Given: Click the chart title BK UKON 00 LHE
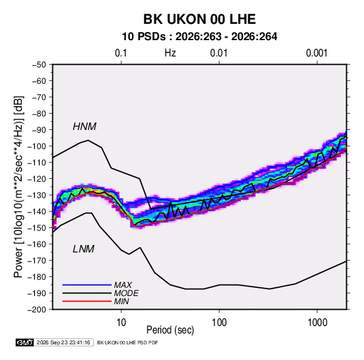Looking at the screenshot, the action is [x=199, y=19].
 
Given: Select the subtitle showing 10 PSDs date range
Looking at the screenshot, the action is [x=199, y=37].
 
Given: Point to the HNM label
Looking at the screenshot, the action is [x=84, y=127].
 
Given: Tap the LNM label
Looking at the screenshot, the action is [x=84, y=249].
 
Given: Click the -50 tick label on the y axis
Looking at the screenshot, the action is [x=39, y=65].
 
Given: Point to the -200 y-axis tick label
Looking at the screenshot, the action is [x=37, y=310].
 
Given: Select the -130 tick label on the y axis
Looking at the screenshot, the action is [x=37, y=195].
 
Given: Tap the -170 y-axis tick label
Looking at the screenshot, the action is [x=37, y=261].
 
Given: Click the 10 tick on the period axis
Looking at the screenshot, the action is [x=121, y=323].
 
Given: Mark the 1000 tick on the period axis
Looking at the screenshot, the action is [x=317, y=323].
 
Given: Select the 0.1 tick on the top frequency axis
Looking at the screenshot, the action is [x=121, y=53].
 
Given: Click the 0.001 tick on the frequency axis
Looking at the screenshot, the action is [x=316, y=53].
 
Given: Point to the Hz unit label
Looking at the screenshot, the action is [x=170, y=53].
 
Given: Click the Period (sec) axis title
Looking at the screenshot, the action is [x=170, y=330].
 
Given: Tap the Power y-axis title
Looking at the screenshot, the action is [x=18, y=187].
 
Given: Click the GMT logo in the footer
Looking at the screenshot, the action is [x=25, y=342].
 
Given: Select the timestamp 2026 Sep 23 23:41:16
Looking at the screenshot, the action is [x=63, y=342].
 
